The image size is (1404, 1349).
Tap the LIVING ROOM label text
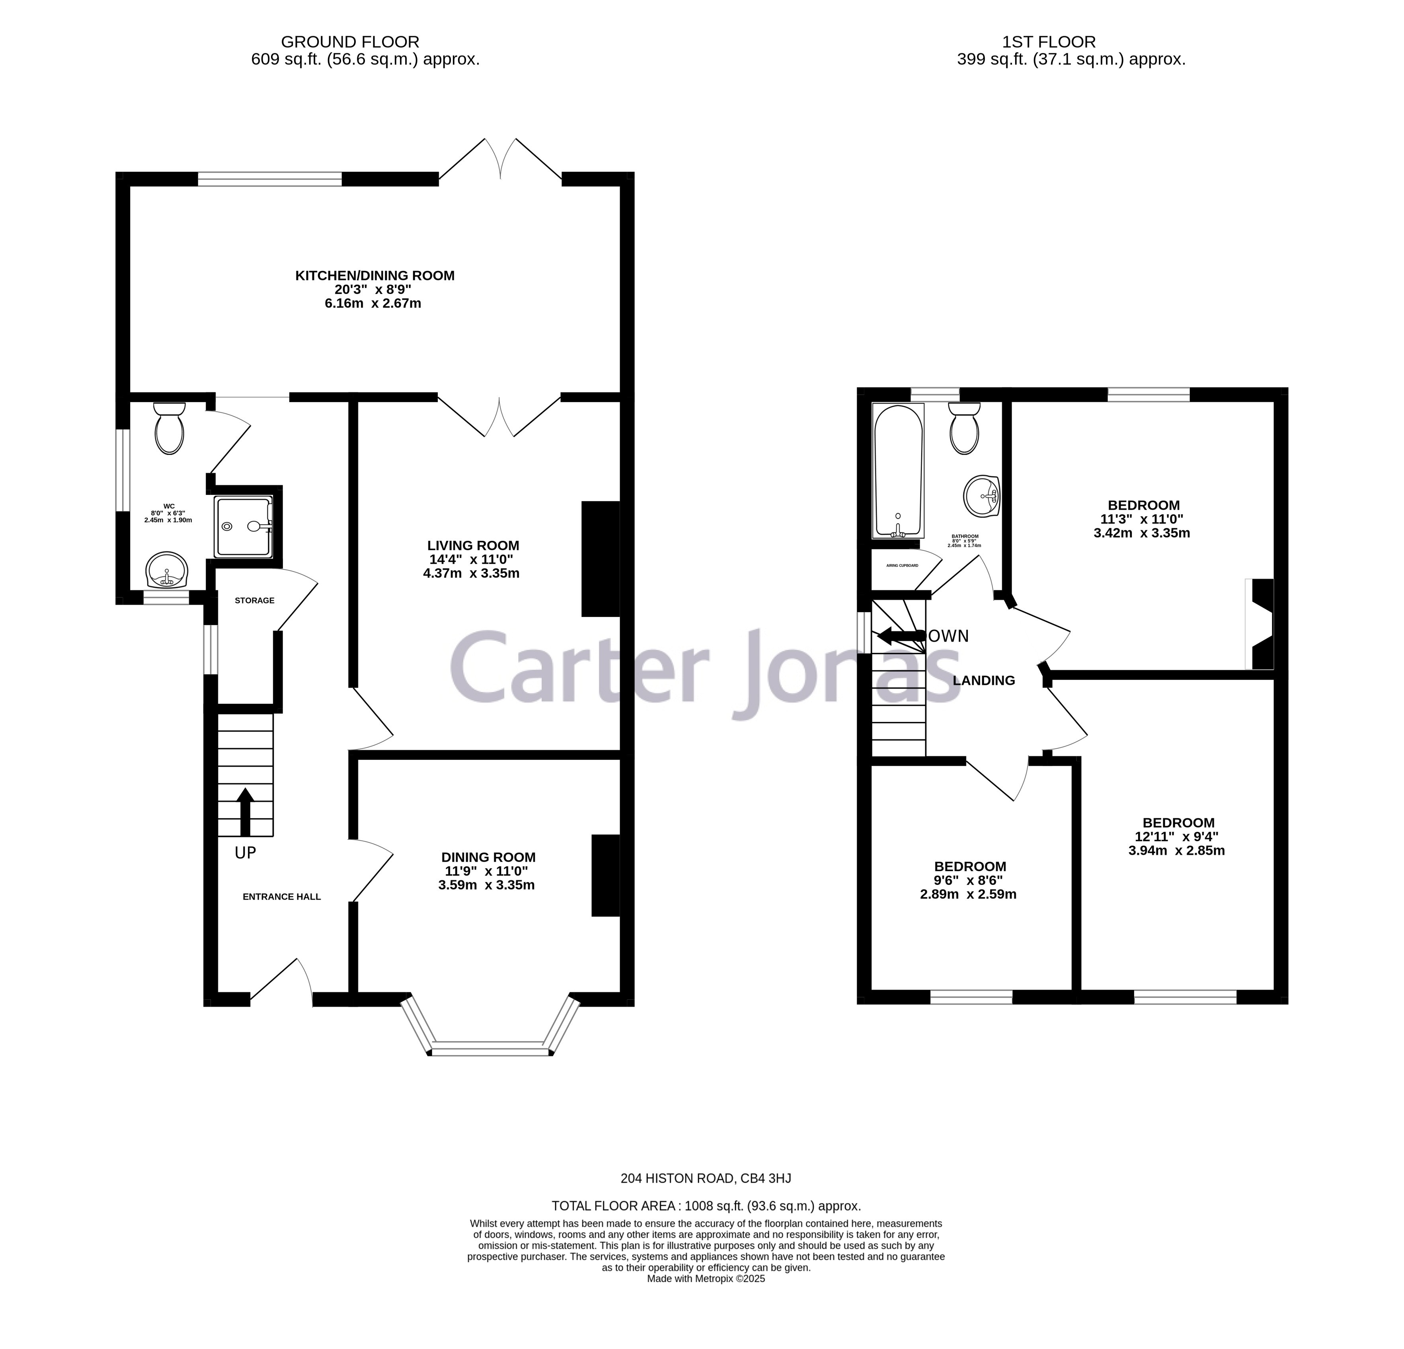click(473, 546)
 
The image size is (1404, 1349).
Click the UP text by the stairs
click(245, 853)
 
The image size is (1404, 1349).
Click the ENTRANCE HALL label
click(281, 896)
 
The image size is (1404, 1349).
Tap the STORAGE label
click(254, 600)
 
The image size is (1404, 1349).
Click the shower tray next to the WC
click(243, 526)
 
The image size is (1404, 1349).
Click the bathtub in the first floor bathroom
click(897, 471)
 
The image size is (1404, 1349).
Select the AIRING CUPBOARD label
click(902, 566)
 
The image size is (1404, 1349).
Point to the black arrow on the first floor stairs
click(901, 636)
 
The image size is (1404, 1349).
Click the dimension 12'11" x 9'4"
click(1177, 836)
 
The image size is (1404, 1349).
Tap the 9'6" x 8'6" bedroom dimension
click(969, 880)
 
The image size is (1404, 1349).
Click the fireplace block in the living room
click(600, 559)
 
